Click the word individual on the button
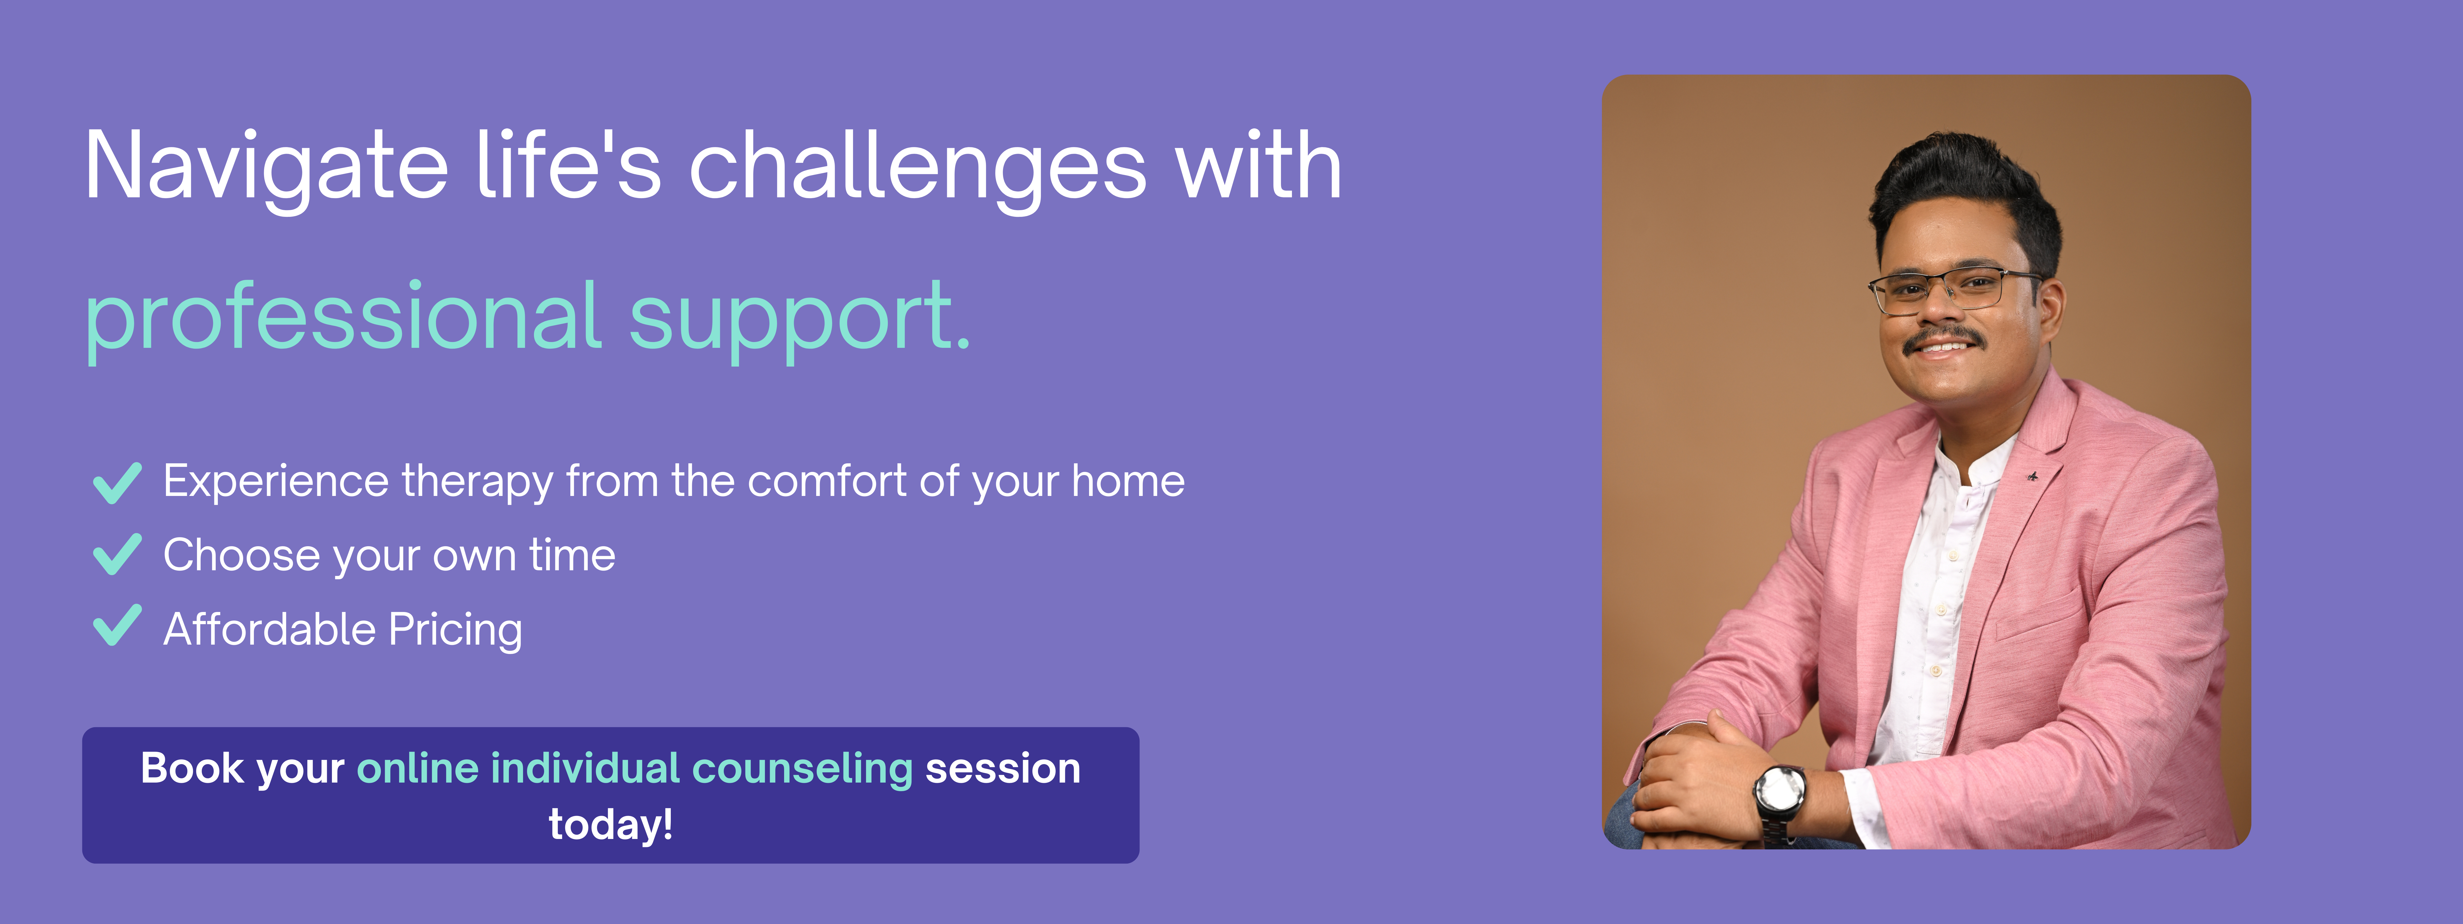pyautogui.click(x=585, y=768)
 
